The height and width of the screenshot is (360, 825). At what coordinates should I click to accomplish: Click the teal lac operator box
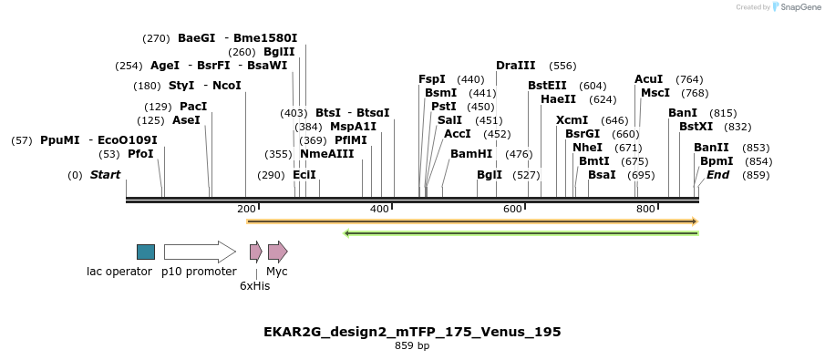[x=146, y=252]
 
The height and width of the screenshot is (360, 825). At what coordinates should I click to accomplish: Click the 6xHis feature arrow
[x=256, y=252]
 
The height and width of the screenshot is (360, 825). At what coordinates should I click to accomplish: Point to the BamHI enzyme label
[x=471, y=154]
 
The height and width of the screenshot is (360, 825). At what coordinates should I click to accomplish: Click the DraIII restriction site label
[x=516, y=66]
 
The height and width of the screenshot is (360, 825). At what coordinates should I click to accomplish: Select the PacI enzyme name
[x=193, y=107]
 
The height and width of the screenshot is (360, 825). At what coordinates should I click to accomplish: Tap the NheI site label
[x=588, y=148]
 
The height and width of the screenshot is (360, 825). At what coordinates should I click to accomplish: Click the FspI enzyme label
[x=432, y=79]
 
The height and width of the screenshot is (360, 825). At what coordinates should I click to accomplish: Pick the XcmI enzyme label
[x=572, y=120]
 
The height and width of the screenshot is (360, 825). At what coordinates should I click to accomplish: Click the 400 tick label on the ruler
[x=380, y=210]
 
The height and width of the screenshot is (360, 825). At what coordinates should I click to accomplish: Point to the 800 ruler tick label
[x=646, y=210]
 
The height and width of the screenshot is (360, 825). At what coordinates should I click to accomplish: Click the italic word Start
[x=105, y=175]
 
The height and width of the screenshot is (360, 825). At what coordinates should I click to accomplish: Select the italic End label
[x=718, y=175]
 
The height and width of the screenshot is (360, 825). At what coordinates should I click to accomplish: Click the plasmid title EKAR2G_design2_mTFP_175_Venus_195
[x=412, y=332]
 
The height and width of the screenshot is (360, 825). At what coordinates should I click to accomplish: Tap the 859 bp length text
[x=412, y=346]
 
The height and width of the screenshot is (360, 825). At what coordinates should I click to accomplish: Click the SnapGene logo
[x=793, y=7]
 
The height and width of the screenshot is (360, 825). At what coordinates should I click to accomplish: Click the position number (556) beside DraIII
[x=562, y=66]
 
